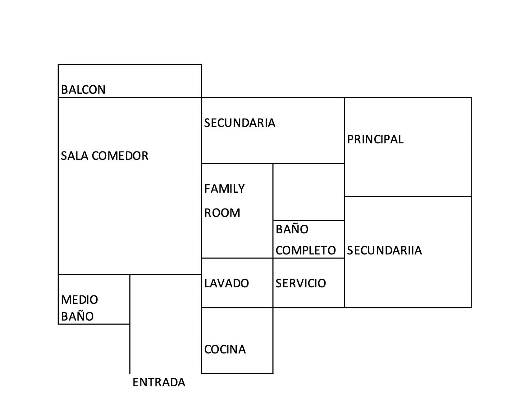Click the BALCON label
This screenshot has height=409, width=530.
tap(83, 90)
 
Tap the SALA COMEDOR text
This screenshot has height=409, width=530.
tap(104, 156)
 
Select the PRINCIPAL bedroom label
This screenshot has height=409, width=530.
tap(375, 139)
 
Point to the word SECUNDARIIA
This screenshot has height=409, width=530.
tap(384, 250)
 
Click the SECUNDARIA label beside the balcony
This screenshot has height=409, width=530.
tap(240, 123)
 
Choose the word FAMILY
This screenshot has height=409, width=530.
tap(224, 189)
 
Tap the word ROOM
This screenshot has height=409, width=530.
tap(222, 213)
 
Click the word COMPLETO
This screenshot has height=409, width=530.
tap(306, 250)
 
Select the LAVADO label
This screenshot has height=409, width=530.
tap(226, 283)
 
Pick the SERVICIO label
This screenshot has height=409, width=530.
tap(301, 283)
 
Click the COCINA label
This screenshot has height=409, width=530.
tap(225, 350)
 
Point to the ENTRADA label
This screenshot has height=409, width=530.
tap(159, 382)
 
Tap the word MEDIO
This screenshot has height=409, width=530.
tap(80, 300)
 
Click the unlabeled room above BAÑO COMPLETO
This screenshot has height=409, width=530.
tap(308, 192)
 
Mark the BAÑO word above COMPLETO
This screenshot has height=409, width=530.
tap(292, 229)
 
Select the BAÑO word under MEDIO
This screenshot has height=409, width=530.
tap(77, 317)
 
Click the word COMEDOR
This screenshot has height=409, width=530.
tap(120, 156)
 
